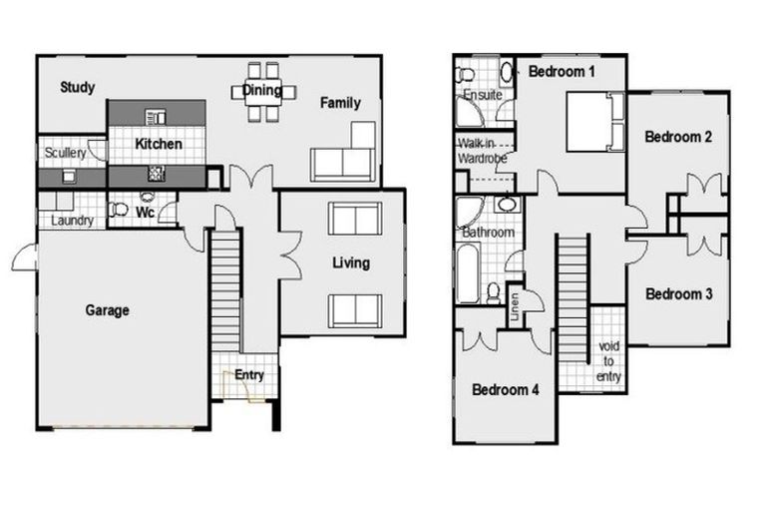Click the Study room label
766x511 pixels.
click(77, 88)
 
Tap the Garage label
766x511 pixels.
click(107, 310)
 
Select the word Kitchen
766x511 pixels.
click(159, 145)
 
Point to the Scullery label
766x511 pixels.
click(65, 154)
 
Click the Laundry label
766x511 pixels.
click(71, 221)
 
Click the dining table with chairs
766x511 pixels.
click(262, 92)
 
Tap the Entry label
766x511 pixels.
click(248, 374)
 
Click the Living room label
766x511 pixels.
click(350, 263)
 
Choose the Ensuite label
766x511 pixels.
click(482, 95)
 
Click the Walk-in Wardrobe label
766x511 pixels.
click(483, 150)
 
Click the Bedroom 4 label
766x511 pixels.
click(506, 389)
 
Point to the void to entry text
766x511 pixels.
click(609, 361)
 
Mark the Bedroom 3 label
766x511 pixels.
click(678, 294)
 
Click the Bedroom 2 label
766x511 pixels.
click(677, 137)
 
